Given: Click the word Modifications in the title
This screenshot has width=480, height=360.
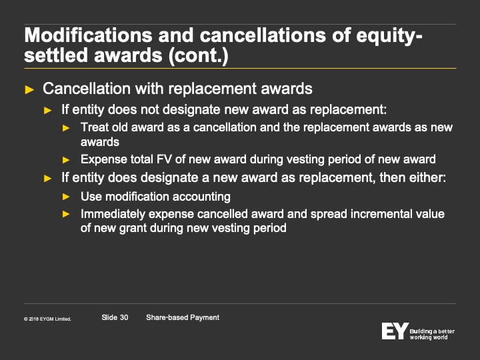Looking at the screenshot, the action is point(88,35).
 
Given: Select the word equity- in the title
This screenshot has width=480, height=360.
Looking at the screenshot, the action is point(389,36).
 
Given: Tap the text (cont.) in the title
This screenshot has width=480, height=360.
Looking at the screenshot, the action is point(199,56).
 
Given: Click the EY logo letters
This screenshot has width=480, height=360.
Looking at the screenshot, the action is point(395,331).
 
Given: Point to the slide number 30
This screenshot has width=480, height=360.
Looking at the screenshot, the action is point(124,317).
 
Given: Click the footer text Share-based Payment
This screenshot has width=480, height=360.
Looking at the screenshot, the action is point(183,318).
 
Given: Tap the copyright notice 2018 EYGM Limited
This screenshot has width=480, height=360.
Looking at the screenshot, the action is point(48,319).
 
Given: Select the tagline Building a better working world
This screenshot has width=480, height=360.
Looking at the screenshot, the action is point(432,334).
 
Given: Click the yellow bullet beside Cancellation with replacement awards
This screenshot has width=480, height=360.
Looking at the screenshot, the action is point(29,90).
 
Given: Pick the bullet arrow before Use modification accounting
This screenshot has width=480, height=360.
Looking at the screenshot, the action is point(66,197).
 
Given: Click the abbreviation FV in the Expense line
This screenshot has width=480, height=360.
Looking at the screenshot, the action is point(164,159).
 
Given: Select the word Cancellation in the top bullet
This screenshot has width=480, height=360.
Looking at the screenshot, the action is point(87,89).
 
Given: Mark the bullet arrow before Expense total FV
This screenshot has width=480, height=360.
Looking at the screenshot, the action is point(66,160).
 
